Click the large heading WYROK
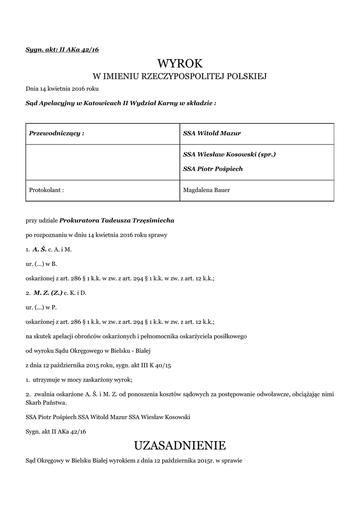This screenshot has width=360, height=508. (180, 63)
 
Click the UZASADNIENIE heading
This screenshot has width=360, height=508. (180, 444)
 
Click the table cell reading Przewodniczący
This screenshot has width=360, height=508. (57, 133)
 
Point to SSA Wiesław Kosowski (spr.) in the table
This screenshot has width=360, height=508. (229, 154)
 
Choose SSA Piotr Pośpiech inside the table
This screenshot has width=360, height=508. (213, 169)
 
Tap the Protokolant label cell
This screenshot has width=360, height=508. (47, 190)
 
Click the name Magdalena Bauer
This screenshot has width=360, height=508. (208, 190)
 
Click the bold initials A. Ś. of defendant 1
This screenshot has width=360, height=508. (40, 249)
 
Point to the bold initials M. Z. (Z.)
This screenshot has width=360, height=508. (48, 293)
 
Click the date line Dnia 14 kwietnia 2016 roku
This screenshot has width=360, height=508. (62, 89)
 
